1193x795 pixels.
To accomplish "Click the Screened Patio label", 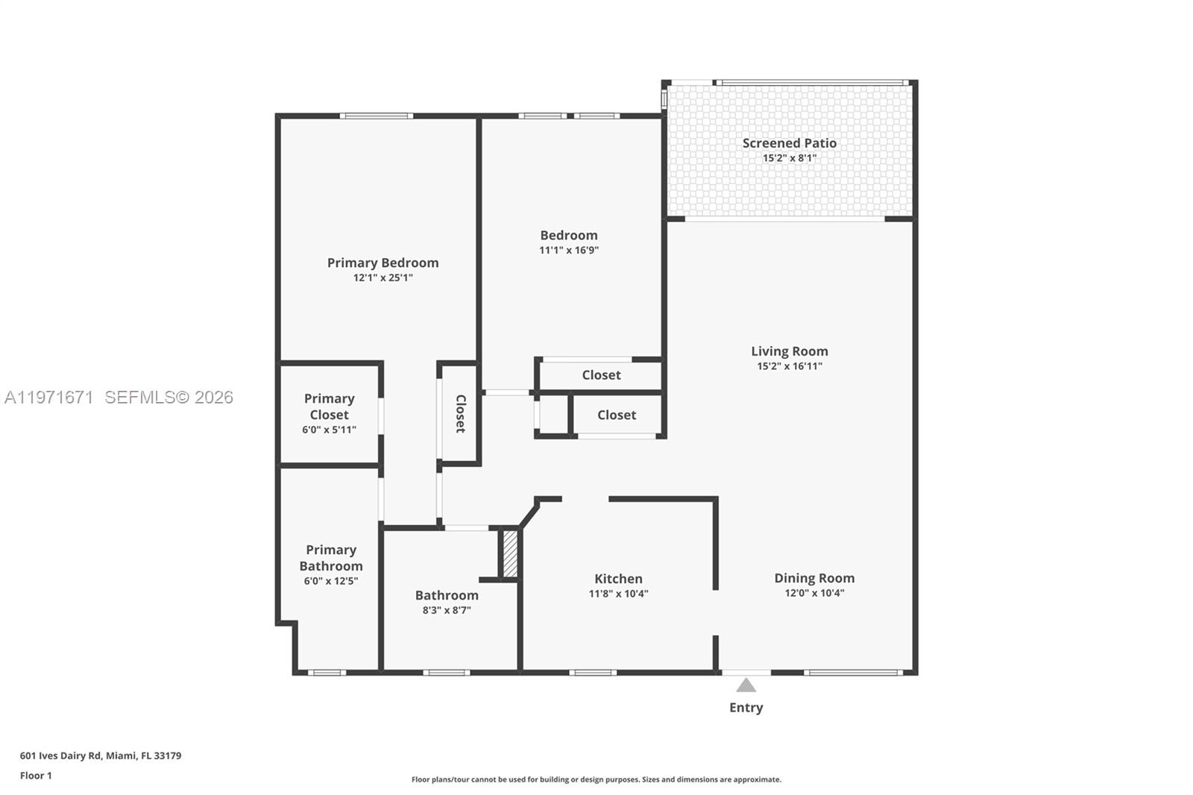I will [789, 142].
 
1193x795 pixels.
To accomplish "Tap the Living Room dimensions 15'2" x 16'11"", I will [789, 366].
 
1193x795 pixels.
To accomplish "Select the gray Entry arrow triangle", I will [746, 685].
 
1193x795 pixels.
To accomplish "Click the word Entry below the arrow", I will [746, 708].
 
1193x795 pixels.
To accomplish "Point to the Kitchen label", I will [618, 579].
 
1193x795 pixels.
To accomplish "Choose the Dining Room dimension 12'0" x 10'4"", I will [814, 594].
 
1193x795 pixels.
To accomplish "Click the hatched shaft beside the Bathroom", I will [510, 553].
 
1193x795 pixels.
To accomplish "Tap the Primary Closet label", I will [329, 406].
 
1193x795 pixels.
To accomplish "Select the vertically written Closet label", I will [461, 413].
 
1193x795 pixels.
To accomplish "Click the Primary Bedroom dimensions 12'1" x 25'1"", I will [383, 278].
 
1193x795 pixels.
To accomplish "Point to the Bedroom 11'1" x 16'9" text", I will [569, 251].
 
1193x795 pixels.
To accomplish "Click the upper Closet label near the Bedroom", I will [601, 375].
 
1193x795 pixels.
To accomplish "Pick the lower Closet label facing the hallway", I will [617, 415].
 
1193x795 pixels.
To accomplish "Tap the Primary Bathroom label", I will [331, 558].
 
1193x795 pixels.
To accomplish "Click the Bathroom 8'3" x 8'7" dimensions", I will [447, 610].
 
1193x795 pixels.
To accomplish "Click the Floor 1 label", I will [36, 776].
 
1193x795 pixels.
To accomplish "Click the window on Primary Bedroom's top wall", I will [377, 116].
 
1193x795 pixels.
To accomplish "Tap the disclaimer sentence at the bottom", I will [596, 779].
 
